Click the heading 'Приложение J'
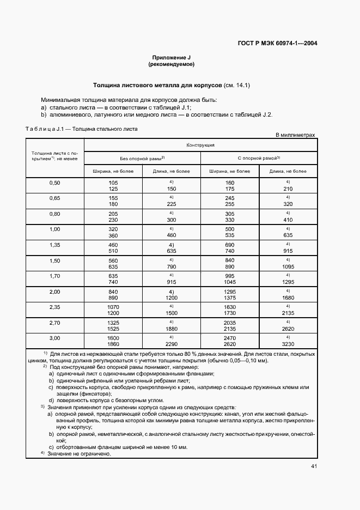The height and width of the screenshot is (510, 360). point(170,58)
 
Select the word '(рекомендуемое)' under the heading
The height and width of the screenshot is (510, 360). point(171,64)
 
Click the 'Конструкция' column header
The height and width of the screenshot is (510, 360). point(200,145)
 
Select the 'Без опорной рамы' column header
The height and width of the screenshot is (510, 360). point(142,158)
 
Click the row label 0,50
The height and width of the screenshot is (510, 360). point(54,183)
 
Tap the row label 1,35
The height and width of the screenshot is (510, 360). point(54,246)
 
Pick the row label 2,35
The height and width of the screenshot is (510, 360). point(54,307)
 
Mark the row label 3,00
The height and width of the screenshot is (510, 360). point(54,338)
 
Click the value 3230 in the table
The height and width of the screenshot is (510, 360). point(288,345)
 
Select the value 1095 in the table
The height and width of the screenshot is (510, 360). point(288,267)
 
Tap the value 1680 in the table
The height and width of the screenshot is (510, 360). point(288,298)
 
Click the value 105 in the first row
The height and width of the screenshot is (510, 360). point(113,183)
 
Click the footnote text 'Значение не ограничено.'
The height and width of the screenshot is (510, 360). point(79,453)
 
